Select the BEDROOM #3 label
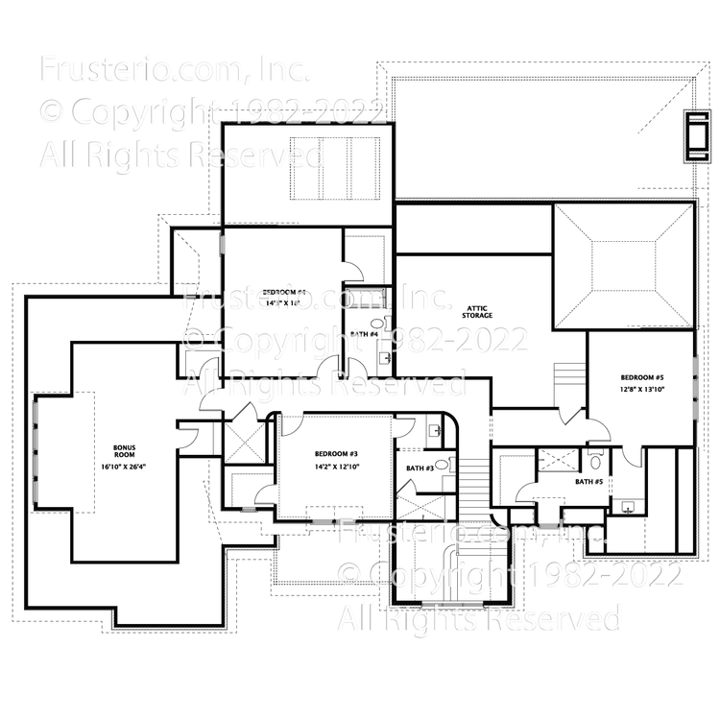coord(335,453)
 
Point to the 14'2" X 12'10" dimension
coord(335,468)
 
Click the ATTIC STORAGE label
coord(477,309)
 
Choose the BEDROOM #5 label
coord(642,377)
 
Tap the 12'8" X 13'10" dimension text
coord(642,391)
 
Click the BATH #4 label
coord(363,334)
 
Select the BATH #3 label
coord(420,468)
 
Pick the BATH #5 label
coord(588,482)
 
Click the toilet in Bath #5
coord(595,459)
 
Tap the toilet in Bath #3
coord(441,465)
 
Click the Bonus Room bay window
coord(36,451)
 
